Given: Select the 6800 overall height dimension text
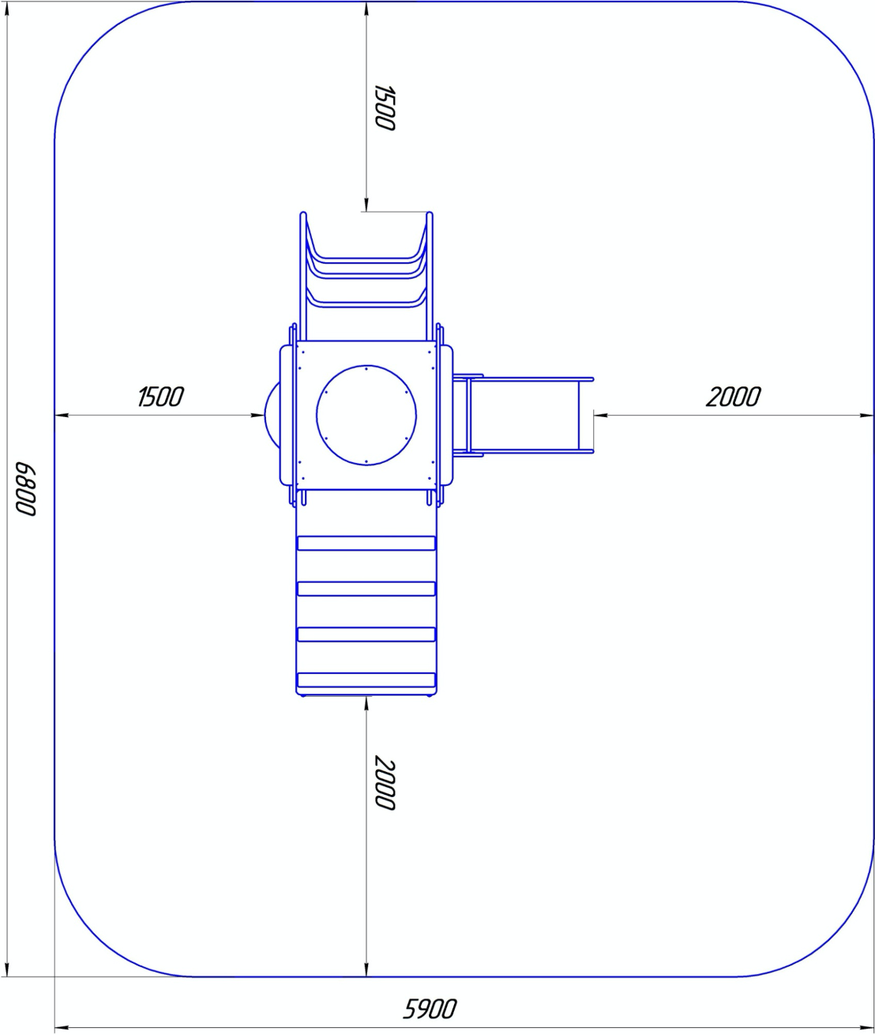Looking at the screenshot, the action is (x=25, y=489).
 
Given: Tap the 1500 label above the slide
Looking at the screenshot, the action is (x=385, y=107).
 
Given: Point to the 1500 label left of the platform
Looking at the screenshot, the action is (x=160, y=396).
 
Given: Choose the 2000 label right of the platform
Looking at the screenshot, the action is (x=733, y=396).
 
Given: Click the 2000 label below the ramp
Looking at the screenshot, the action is (x=385, y=782).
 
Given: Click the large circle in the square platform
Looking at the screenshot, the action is (x=366, y=415).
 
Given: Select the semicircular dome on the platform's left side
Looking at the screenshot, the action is (x=272, y=415).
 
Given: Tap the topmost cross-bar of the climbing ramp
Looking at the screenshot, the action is (x=366, y=543).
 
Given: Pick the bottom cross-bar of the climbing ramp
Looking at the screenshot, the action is (x=366, y=679).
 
